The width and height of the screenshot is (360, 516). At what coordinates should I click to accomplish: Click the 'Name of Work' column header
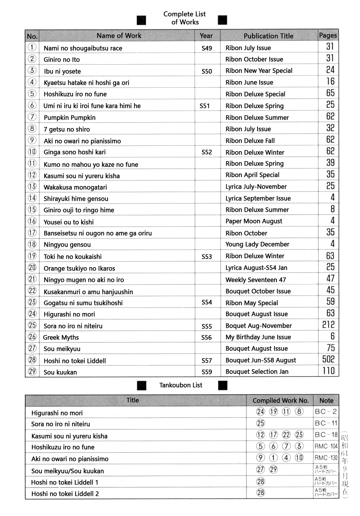119,36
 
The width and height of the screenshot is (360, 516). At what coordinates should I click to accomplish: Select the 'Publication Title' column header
269,36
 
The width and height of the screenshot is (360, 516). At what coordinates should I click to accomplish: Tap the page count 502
328,359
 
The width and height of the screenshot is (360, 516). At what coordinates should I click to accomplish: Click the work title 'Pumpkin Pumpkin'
69,117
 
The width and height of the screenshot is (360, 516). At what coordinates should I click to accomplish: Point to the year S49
207,48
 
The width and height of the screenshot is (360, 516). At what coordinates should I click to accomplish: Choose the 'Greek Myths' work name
61,337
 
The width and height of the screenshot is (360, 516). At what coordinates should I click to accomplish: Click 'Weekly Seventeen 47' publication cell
256,280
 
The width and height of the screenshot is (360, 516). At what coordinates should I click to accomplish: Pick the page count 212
328,325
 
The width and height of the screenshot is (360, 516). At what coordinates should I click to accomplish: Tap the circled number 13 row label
32,186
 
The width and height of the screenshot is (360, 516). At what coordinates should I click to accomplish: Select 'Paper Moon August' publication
254,221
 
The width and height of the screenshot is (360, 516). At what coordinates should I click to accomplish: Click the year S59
207,372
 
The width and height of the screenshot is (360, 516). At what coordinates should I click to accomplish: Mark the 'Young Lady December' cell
258,244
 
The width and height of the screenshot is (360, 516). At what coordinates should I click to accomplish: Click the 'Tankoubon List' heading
181,385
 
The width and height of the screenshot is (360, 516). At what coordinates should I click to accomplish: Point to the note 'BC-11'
326,423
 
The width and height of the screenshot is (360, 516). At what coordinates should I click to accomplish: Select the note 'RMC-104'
326,446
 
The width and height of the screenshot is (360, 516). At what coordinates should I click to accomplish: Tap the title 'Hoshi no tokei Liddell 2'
65,494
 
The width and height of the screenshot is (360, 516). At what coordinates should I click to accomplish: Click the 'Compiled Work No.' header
281,400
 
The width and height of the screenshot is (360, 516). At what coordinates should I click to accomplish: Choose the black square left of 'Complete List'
141,20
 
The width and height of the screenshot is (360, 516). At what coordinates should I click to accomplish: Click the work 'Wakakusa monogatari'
75,187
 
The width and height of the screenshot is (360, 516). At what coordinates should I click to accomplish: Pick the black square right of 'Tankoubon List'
223,385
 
